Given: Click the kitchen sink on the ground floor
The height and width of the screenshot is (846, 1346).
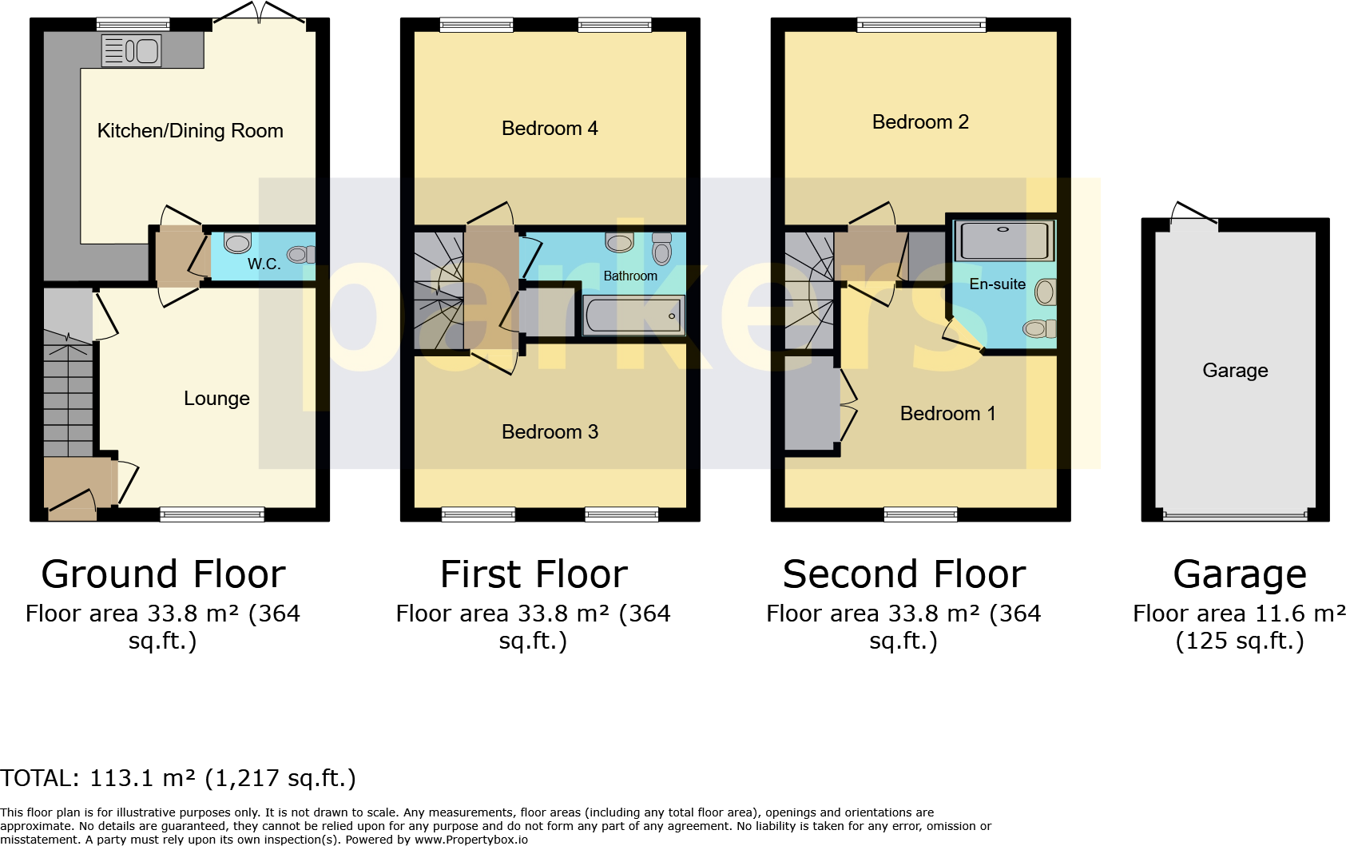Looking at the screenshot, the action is coord(132,50).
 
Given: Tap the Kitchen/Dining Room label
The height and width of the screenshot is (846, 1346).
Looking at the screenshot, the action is coord(190,130).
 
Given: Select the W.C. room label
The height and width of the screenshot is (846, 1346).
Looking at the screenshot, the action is coord(264,264).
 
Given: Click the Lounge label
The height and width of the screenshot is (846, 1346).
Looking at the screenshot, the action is coord(216,399).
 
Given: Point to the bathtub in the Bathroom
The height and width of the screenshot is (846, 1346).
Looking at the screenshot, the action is coord(633,316).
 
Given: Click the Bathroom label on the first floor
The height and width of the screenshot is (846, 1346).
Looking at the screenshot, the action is coord(630,276).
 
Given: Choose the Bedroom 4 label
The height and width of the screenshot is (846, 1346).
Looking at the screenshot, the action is coord(550,128).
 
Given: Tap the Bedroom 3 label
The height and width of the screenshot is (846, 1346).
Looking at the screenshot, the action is coord(550,431).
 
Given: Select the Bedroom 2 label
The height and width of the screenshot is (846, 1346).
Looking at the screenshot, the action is coord(920,122).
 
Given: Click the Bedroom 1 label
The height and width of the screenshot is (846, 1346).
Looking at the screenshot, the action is coord(947,413).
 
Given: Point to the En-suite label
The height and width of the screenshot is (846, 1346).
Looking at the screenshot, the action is coord(998,284).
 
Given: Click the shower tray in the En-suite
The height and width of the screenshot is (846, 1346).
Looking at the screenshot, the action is coord(1004,240).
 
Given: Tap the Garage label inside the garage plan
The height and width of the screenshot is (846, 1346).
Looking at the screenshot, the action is coord(1235,371).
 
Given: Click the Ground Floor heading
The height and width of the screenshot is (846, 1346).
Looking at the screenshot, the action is coord(163,574).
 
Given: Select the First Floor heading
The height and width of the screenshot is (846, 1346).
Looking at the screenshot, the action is coord(534,574).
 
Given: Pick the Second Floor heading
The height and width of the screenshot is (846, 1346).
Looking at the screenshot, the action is coord(903,574).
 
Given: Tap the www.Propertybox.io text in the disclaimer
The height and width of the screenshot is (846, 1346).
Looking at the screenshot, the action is coord(471,840).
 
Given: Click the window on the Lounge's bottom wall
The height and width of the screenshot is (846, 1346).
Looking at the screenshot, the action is coord(212,514).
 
